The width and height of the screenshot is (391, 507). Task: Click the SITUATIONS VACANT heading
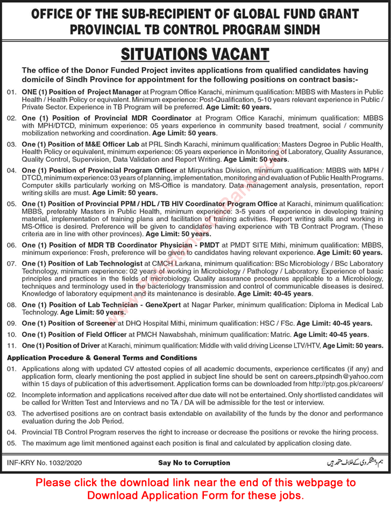pyautogui.click(x=195, y=54)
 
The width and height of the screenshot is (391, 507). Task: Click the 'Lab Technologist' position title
pyautogui.click(x=112, y=263)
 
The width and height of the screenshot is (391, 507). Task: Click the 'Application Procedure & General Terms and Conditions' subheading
pyautogui.click(x=102, y=358)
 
